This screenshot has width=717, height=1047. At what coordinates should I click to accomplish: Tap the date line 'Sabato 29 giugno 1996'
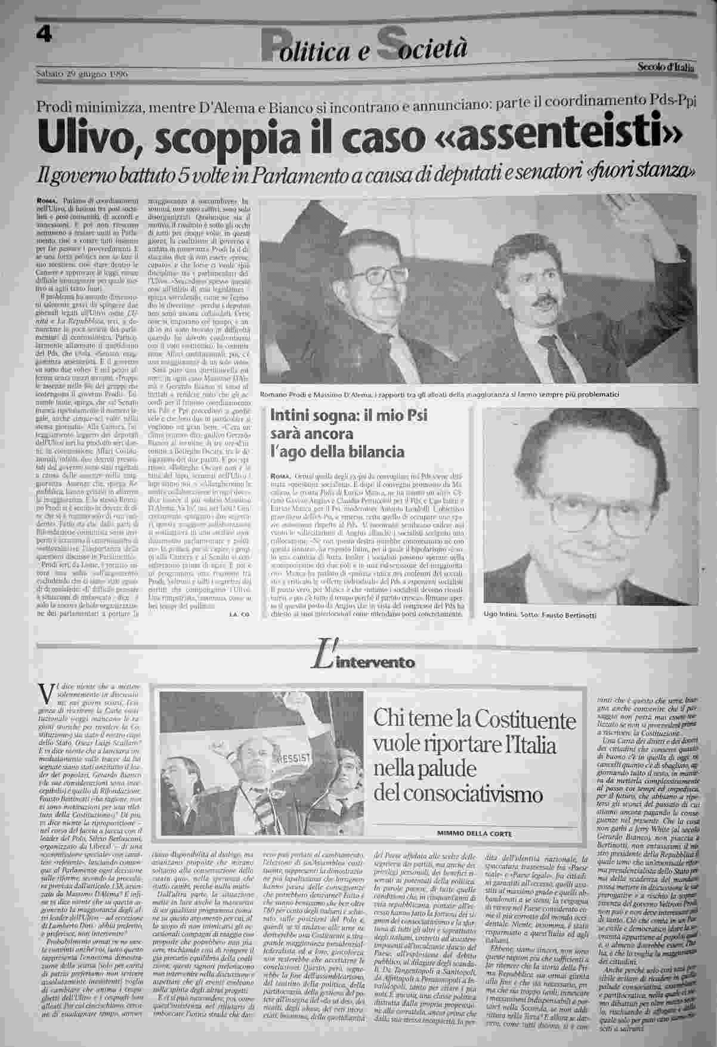click(x=82, y=73)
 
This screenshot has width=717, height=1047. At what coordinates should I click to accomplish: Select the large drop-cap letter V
click(x=42, y=693)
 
